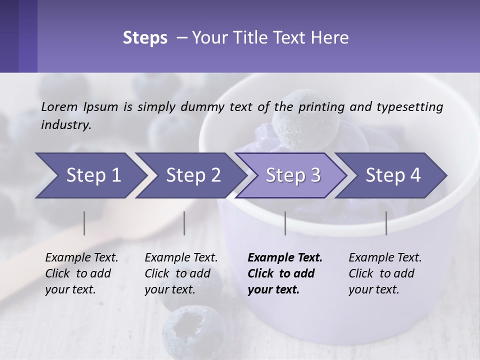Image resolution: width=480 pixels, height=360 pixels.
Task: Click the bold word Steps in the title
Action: [145, 38]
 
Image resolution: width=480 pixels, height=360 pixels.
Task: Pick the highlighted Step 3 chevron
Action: [293, 175]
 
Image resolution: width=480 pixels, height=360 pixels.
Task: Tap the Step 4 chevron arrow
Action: [393, 175]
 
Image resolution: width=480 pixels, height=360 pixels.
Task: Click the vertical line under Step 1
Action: [84, 223]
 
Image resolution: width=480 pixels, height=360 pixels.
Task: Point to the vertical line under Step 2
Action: [184, 223]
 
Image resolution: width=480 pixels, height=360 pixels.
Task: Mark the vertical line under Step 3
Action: [285, 223]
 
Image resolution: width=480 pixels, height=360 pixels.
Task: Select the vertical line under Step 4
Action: [386, 223]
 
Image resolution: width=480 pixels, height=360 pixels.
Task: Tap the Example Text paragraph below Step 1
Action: [81, 273]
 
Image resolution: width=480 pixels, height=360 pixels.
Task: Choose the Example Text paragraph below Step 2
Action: [181, 273]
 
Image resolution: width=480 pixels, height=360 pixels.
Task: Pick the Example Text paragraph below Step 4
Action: [385, 273]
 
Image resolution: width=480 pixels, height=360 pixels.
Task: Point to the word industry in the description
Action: [65, 125]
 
